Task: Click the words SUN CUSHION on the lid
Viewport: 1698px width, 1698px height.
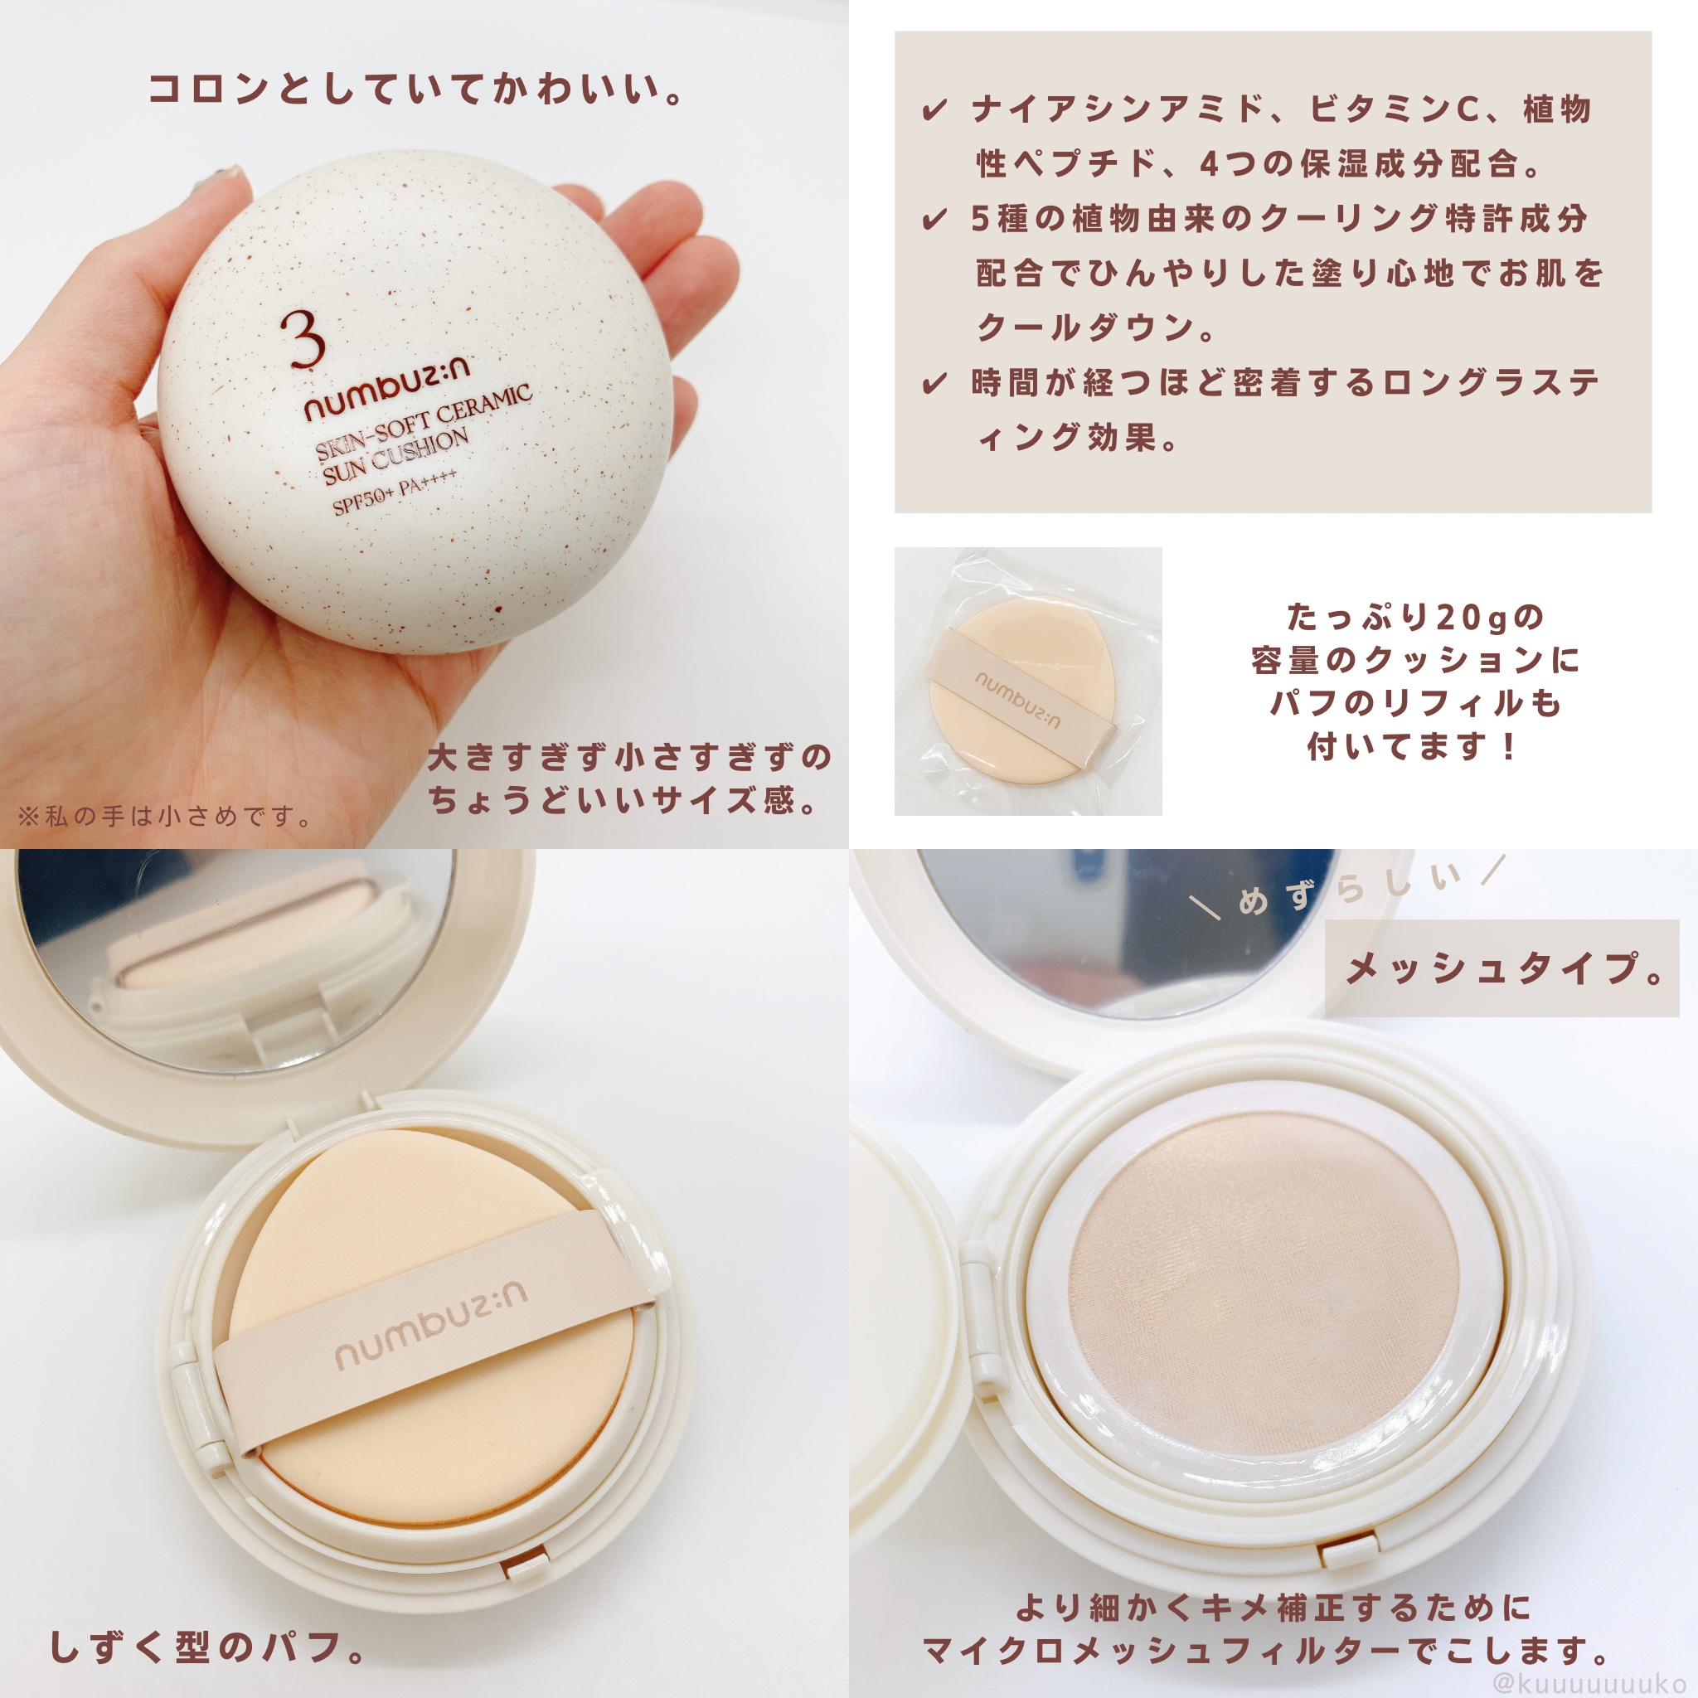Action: click(x=395, y=457)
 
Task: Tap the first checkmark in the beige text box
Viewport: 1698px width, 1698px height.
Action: click(x=934, y=111)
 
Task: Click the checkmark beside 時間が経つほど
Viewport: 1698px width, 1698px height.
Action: click(x=934, y=383)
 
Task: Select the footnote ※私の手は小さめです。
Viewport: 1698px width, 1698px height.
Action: click(x=165, y=817)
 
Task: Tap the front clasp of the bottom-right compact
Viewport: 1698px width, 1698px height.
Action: click(x=1349, y=1553)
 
